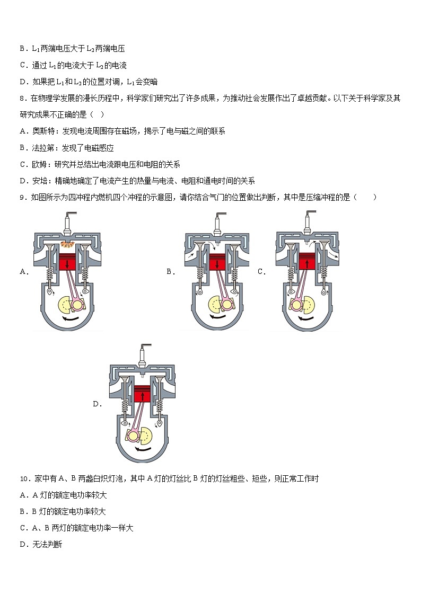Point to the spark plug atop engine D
point(142,356)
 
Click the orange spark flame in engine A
point(67,244)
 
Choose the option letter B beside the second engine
point(169,272)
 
